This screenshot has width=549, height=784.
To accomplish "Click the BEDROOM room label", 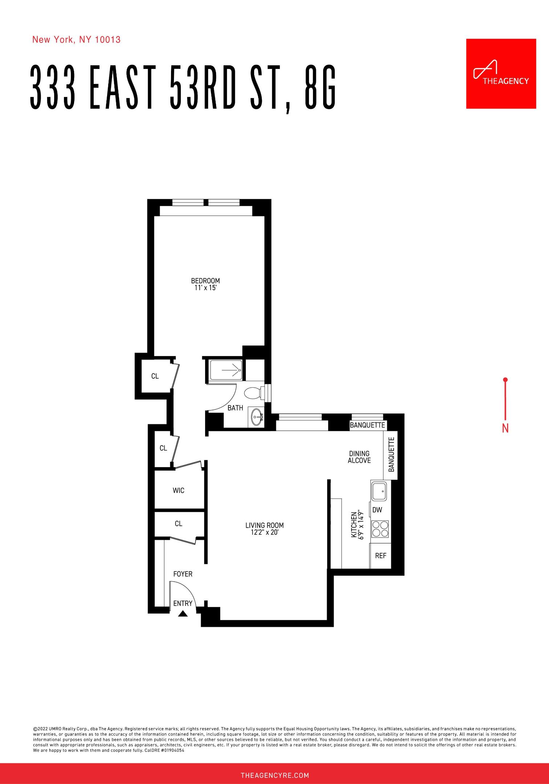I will tap(206, 281).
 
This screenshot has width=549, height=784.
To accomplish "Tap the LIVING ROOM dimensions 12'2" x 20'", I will tap(264, 532).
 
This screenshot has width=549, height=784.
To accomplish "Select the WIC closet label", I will tap(178, 490).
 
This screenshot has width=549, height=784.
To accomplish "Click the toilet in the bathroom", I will tap(253, 393).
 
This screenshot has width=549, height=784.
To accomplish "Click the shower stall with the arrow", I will tap(226, 370).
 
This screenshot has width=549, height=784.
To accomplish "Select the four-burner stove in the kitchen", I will tap(380, 529).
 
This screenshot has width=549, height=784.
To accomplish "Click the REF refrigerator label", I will tap(381, 555).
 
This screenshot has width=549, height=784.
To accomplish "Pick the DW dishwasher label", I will tap(377, 510).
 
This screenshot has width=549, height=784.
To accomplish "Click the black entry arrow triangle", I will tap(183, 613).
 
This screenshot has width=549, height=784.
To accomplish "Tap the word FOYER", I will tap(183, 574).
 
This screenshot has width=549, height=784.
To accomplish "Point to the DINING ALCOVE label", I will tap(359, 457).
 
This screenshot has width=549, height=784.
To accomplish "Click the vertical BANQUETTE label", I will tap(391, 454).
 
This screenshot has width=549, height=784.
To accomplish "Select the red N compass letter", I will tap(505, 428).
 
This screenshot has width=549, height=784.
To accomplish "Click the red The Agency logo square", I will tap(501, 74).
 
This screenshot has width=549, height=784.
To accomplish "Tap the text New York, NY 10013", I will tap(76, 40).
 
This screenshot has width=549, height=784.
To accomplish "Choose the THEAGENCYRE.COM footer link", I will tap(274, 776).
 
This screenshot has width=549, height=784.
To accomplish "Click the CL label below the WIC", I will tap(178, 523).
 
